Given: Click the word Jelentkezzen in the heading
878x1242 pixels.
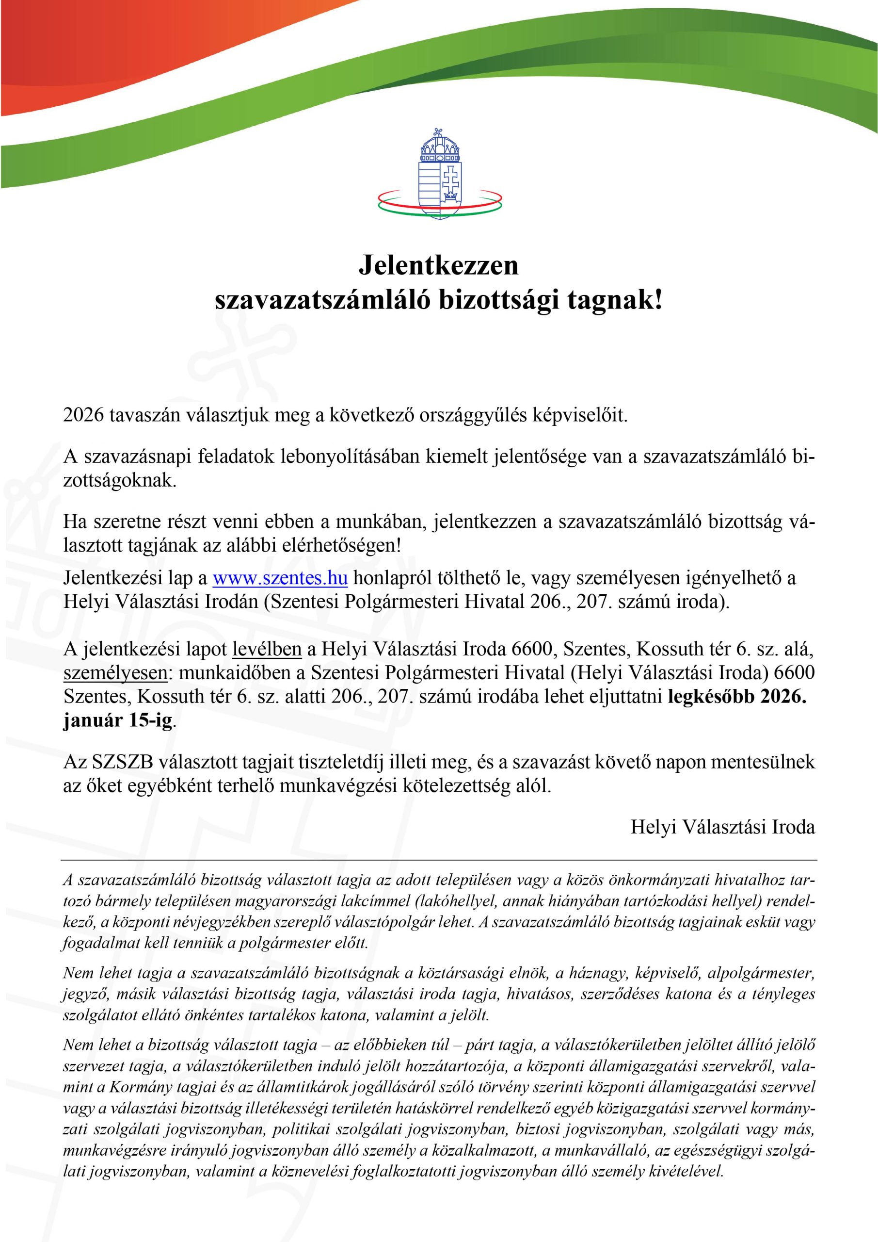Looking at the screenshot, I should (x=438, y=265).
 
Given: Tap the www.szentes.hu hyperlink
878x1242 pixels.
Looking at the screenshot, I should (x=280, y=578).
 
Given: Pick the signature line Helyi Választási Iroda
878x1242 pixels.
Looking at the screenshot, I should (x=722, y=827).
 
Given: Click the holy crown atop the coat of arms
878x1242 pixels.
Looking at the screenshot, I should (x=439, y=147).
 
